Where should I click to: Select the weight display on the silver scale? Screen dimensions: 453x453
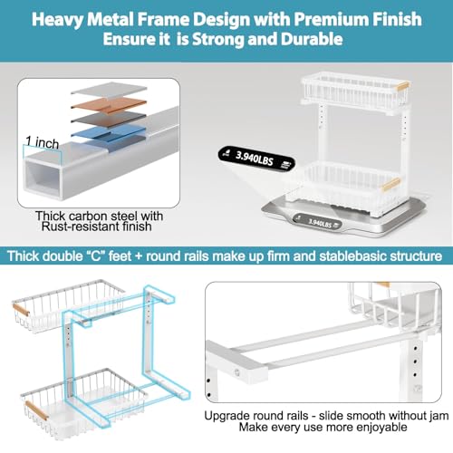pos(322,220)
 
